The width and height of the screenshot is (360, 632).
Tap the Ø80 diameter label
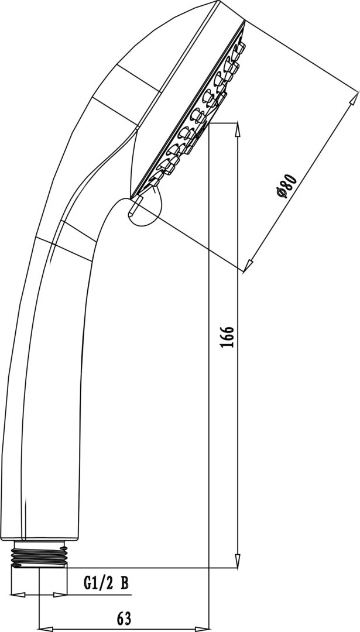coord(287,186)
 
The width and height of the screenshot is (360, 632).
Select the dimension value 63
coord(124,619)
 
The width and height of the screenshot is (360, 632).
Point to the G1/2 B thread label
coord(106,583)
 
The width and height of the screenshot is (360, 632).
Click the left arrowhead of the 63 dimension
coord(46,628)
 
